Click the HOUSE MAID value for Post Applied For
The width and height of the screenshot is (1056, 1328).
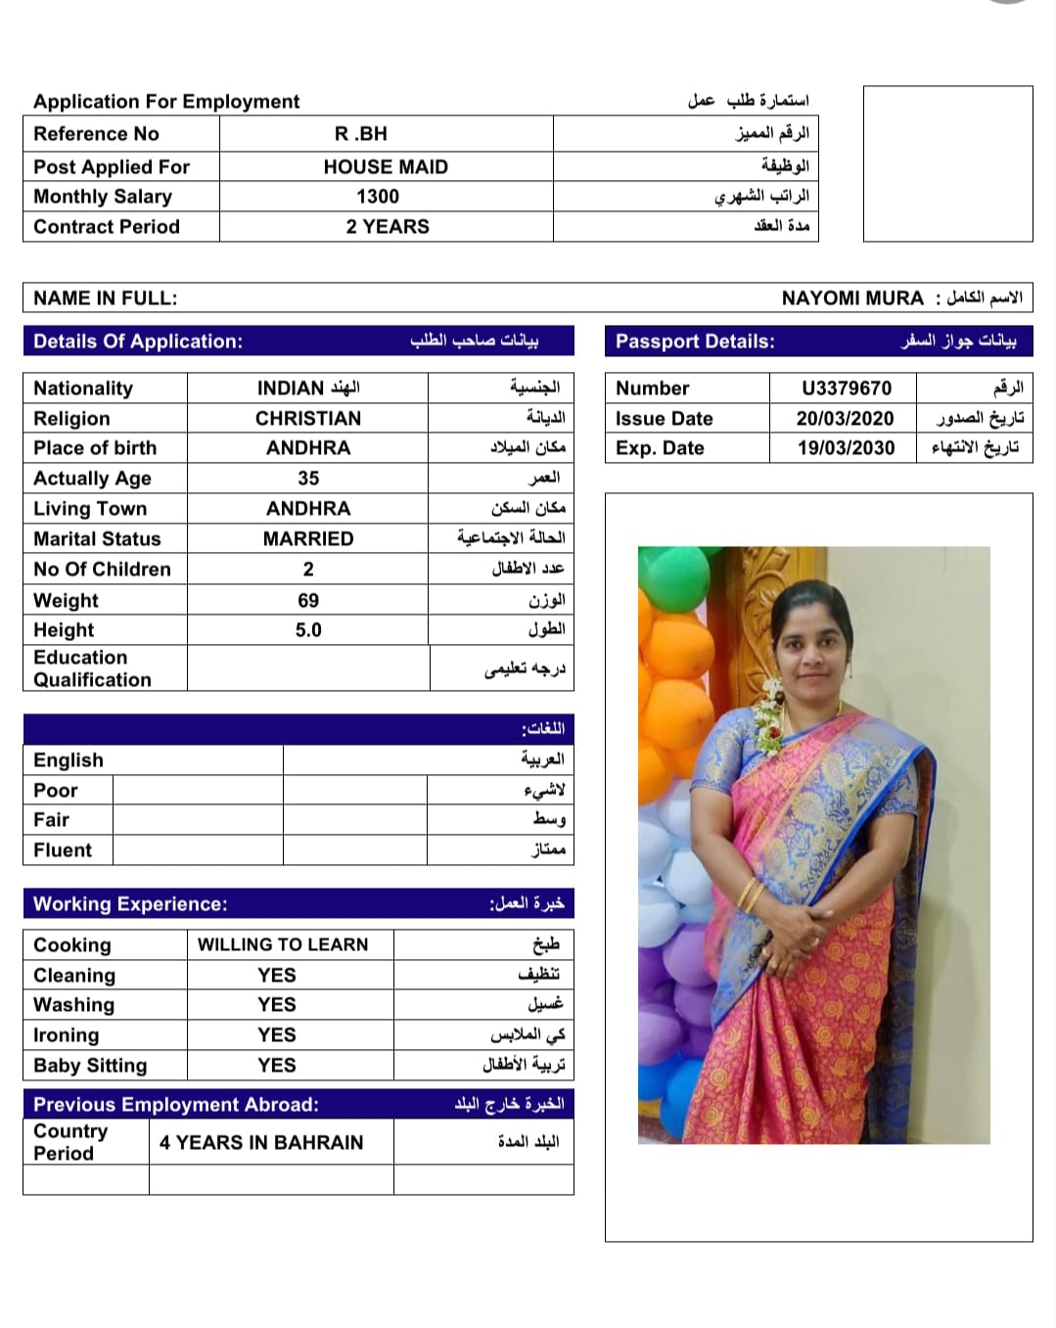386,167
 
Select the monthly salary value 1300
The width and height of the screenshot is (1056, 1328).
378,197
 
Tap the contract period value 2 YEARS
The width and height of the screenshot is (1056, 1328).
388,227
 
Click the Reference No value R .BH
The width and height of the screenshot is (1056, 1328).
361,134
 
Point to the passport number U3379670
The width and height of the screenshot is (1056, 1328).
847,389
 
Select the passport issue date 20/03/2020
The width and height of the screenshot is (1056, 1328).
846,419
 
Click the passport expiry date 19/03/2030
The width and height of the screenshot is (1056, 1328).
846,448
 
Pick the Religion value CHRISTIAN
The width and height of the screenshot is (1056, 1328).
308,419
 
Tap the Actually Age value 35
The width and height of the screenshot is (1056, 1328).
308,479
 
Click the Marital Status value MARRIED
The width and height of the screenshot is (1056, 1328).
308,539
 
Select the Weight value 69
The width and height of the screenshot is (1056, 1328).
308,601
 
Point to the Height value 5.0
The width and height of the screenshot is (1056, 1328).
308,630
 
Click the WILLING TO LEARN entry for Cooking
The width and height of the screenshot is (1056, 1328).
283,944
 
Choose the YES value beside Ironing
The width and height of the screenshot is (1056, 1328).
277,1035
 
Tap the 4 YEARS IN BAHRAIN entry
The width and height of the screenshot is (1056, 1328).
261,1143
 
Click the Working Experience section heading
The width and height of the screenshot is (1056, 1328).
130,904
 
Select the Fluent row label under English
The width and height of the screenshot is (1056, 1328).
63,850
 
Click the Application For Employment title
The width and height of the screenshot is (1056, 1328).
166,102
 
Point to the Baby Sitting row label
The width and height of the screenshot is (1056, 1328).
90,1066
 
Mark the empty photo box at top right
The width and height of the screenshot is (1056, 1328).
947,163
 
